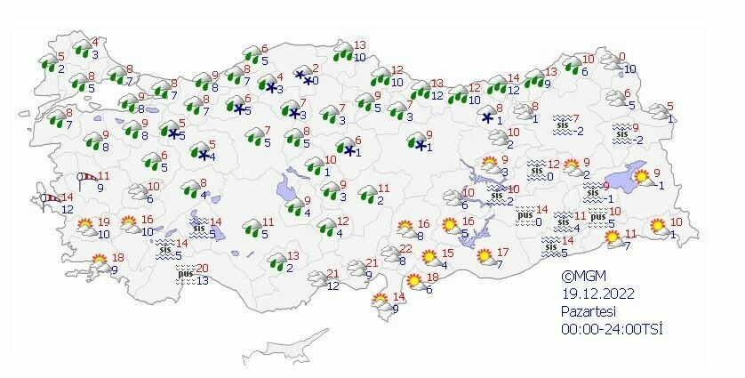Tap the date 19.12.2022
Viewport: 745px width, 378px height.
pyautogui.click(x=589, y=294)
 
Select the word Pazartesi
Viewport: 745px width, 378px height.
pyautogui.click(x=587, y=311)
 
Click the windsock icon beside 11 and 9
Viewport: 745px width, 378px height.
pyautogui.click(x=85, y=181)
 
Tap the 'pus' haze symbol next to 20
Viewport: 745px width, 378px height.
pyautogui.click(x=185, y=275)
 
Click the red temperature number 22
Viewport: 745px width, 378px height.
pyautogui.click(x=405, y=248)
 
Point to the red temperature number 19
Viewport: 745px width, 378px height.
pyautogui.click(x=103, y=221)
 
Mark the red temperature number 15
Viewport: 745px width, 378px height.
pyautogui.click(x=448, y=253)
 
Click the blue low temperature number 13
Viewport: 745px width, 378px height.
pyautogui.click(x=204, y=281)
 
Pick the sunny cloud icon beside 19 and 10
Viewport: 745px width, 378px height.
pyautogui.click(x=86, y=228)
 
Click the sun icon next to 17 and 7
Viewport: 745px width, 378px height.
pyautogui.click(x=485, y=257)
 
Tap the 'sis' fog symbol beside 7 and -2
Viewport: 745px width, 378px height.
pyautogui.click(x=562, y=125)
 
